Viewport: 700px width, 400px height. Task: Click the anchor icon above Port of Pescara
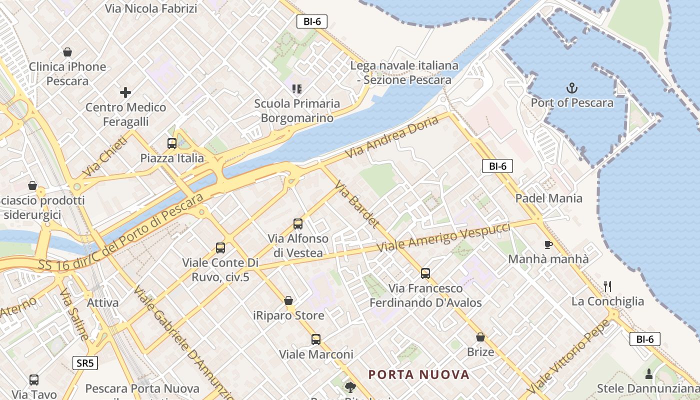point(572,88)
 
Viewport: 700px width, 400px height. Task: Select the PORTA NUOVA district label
point(419,374)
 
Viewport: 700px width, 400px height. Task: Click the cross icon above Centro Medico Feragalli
point(125,92)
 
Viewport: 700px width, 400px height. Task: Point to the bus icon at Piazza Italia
point(172,143)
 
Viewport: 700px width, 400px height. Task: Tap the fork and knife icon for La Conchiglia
point(607,286)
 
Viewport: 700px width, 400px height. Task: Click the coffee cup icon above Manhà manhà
point(548,244)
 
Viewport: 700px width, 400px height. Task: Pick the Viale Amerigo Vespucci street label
point(443,237)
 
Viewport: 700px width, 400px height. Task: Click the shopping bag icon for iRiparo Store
point(288,300)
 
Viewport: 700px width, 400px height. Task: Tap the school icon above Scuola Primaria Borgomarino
point(297,89)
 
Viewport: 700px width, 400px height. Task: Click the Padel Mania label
point(549,198)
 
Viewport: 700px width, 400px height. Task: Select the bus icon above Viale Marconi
point(316,339)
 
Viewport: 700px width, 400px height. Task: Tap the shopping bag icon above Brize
point(480,337)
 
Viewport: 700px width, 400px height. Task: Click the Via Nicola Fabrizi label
point(151,8)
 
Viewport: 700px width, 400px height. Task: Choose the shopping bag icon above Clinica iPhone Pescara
point(67,51)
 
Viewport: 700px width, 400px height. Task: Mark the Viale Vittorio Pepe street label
point(568,355)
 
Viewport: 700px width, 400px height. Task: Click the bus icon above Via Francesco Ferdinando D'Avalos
point(425,273)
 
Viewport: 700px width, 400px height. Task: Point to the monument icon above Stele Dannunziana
point(649,373)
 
